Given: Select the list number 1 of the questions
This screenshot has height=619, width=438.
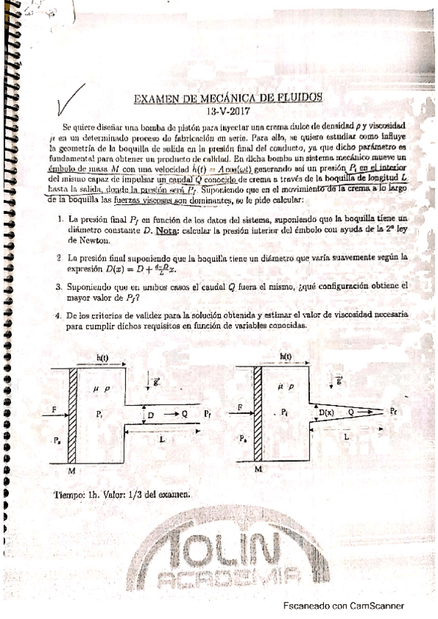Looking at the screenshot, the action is click(x=59, y=219).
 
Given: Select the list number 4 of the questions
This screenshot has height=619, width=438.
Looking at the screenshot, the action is click(x=59, y=315).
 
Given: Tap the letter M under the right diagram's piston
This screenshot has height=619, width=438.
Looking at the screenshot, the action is click(x=257, y=472).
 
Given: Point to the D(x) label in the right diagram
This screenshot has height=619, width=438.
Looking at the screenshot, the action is click(x=327, y=414).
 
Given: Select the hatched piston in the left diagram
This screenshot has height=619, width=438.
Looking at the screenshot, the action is click(x=73, y=413).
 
